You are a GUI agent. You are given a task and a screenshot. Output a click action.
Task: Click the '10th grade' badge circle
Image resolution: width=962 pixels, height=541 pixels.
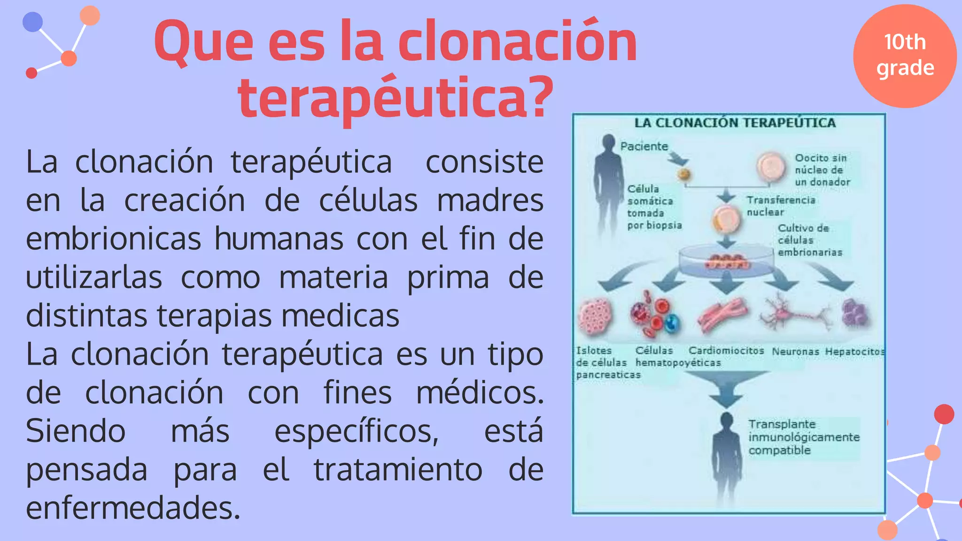click(x=905, y=56)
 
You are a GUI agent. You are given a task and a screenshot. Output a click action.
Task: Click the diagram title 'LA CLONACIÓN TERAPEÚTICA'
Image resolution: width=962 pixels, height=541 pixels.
click(x=735, y=123)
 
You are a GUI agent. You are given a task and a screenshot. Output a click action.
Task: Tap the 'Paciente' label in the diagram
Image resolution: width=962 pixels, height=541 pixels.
click(x=644, y=147)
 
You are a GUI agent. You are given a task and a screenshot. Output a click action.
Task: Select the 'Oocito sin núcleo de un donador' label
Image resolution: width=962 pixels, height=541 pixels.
click(x=822, y=170)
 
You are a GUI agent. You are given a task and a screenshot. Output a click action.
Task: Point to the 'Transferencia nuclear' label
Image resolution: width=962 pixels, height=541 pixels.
click(x=781, y=206)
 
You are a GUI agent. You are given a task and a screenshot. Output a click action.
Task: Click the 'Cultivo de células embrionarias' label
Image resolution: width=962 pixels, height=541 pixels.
click(x=809, y=240)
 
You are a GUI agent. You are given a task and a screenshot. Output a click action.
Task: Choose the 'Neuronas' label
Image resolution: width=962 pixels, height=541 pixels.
click(x=795, y=352)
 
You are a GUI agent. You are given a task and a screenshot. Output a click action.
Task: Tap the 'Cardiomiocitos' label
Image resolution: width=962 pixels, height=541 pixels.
click(x=726, y=351)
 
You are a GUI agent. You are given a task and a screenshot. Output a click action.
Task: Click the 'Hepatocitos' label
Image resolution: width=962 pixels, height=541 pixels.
click(x=854, y=352)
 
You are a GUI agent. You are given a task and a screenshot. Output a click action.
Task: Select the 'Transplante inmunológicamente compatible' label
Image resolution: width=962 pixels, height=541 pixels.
click(x=804, y=437)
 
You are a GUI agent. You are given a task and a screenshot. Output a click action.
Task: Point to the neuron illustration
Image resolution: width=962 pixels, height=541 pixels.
click(x=794, y=312)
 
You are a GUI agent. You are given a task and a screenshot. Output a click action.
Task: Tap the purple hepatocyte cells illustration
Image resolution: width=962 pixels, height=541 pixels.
click(x=855, y=313)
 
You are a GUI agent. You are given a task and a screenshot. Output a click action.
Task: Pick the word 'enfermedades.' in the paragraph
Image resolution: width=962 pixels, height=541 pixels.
click(x=133, y=508)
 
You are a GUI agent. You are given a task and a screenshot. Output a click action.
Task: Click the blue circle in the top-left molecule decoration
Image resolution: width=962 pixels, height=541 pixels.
click(x=33, y=22)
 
